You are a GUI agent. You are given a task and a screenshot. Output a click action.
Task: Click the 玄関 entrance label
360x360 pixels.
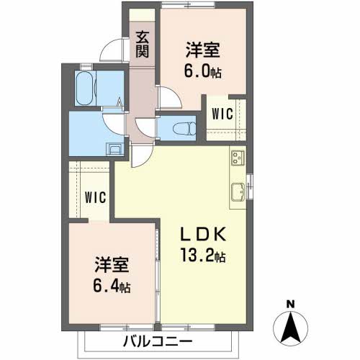pos(143,44)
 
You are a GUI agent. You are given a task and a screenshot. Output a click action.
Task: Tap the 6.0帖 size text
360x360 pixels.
pos(203,72)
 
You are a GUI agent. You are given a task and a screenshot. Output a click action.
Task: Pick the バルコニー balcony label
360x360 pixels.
pos(157,341)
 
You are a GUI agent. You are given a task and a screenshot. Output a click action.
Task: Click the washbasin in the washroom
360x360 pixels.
pos(114,150)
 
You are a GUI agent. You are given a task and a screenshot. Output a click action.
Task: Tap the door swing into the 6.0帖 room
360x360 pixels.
pos(166,96)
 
